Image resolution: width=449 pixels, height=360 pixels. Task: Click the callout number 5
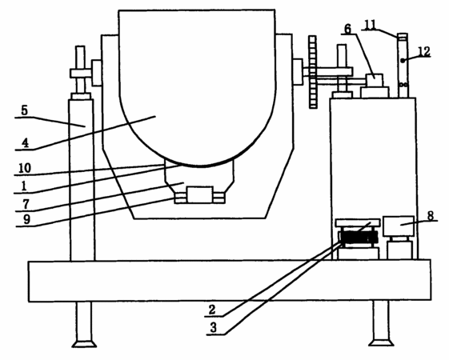coord(25,110)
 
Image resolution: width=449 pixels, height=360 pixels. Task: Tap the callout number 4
coord(26,142)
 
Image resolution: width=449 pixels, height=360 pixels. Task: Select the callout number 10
coord(25,168)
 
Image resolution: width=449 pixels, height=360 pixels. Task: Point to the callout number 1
coord(24,186)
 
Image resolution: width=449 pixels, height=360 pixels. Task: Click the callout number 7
coord(26,204)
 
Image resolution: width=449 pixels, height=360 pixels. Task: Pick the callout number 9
coord(26,219)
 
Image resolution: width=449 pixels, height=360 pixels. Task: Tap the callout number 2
coord(212,310)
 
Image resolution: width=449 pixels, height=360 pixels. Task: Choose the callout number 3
coord(214,328)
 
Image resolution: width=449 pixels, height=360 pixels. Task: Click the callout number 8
coord(431,216)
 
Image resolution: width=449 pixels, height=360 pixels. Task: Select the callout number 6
coord(347,29)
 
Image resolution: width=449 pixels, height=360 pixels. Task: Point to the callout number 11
coord(371,25)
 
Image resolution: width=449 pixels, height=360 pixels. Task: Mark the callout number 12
coord(424,51)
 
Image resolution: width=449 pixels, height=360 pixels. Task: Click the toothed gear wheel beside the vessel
coord(313,72)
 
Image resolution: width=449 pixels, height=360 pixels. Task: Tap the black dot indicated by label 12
coord(403,60)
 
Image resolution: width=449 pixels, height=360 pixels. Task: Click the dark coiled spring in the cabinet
coord(358,238)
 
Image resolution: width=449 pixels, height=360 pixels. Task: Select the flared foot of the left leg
coord(84,343)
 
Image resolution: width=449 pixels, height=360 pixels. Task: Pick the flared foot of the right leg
coord(381,342)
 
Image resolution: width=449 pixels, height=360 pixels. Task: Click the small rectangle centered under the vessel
coord(199,195)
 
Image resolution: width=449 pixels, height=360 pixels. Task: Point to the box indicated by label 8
coord(399,226)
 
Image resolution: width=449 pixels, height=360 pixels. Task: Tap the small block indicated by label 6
coord(375,80)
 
